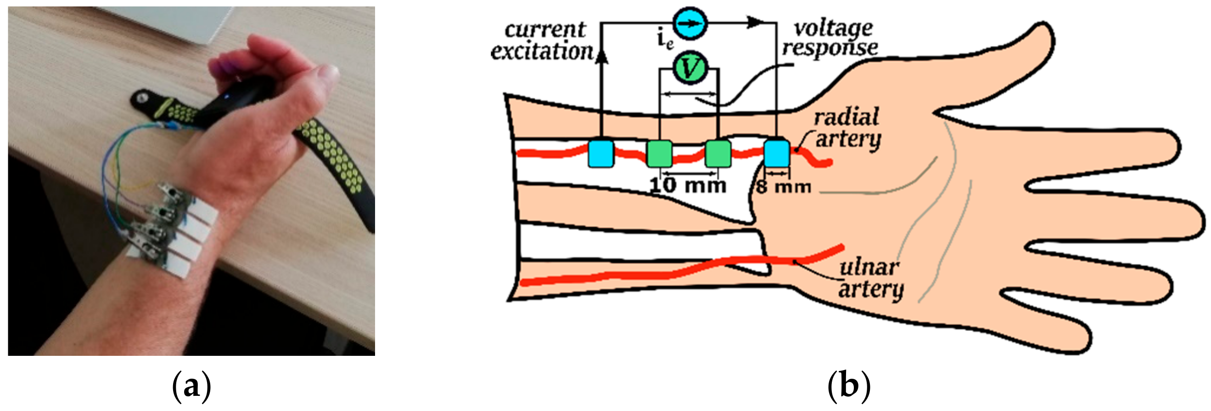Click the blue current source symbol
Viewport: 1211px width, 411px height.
pos(690,23)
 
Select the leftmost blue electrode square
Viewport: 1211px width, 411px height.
pos(601,153)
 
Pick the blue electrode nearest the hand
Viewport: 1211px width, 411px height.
pos(777,153)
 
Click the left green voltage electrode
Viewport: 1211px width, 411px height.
pos(660,154)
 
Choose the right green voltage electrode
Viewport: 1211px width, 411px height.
pos(718,154)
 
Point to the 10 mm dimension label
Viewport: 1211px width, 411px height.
pos(688,185)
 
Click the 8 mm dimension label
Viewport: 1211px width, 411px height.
pos(784,187)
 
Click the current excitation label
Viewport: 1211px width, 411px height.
pos(543,41)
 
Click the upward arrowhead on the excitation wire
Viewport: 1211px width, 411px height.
pos(601,55)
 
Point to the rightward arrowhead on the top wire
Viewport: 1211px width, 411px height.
pos(755,22)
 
